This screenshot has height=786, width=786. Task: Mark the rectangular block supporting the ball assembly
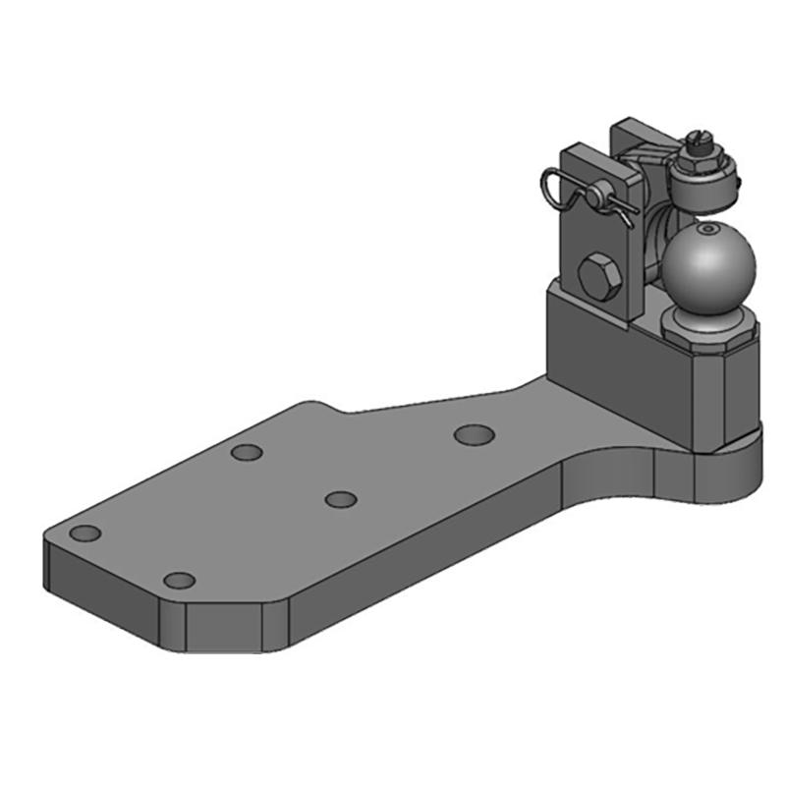[629, 364]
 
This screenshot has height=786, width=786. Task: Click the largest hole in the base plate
[474, 433]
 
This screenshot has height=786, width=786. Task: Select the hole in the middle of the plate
[340, 499]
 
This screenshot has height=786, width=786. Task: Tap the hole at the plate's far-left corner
[86, 533]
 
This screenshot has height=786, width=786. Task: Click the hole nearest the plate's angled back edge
[246, 453]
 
